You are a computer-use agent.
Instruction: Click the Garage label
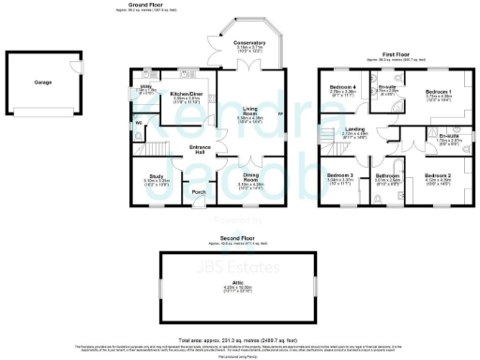[42, 82]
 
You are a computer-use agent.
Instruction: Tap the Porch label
[199, 193]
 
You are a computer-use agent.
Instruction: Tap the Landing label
[355, 128]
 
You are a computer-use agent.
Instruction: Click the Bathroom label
[387, 175]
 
